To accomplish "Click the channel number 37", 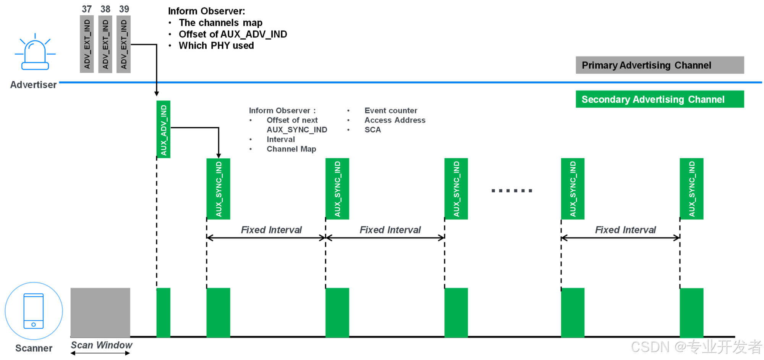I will [x=87, y=9].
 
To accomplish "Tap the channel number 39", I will [x=124, y=9].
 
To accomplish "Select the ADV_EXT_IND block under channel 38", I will [x=105, y=44].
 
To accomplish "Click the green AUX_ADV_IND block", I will [x=163, y=129].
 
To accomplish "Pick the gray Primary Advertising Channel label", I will [x=659, y=65].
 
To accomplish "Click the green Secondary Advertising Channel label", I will [x=659, y=99].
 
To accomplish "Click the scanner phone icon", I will [x=34, y=311].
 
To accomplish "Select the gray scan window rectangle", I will [x=100, y=312].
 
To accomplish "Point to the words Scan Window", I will [x=102, y=345].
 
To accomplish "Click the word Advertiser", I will [x=33, y=85].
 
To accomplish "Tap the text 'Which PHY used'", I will [x=216, y=46].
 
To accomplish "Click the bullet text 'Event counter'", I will [x=390, y=111].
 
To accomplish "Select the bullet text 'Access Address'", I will [x=395, y=120].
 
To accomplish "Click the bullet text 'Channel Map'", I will [x=291, y=149].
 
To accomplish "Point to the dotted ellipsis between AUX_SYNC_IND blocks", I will [x=512, y=190].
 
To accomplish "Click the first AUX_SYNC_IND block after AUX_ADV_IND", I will [x=218, y=189].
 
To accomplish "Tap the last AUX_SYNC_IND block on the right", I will [x=691, y=189].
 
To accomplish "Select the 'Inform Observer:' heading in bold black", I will [x=206, y=11].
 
